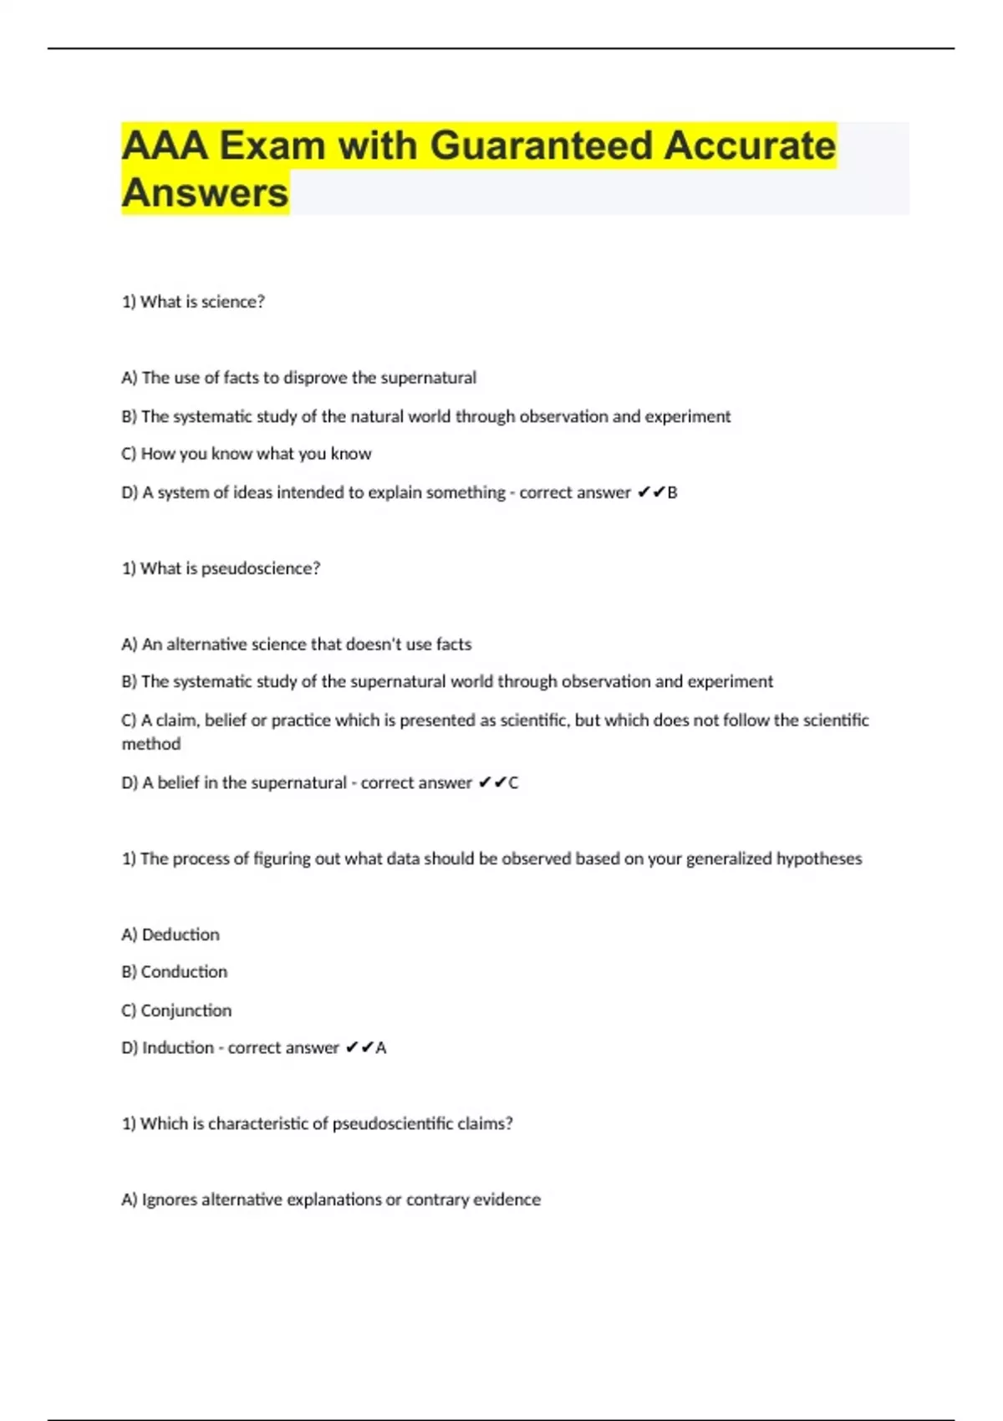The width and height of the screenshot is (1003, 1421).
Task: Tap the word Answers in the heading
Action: pos(205,193)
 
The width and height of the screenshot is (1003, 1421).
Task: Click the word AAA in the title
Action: pos(164,145)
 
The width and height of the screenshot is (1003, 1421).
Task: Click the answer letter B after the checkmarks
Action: pos(672,492)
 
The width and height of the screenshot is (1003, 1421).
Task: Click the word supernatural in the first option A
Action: pos(428,378)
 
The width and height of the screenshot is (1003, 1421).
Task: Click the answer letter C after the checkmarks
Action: pos(513,783)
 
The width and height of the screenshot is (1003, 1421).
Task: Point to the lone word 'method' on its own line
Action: pos(151,744)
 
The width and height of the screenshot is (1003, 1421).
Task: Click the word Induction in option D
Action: pos(177,1048)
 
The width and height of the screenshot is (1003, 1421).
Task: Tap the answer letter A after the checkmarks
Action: pos(381,1048)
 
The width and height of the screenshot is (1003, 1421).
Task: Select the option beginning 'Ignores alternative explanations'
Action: pos(331,1199)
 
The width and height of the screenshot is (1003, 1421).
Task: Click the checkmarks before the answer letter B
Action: pos(650,492)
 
